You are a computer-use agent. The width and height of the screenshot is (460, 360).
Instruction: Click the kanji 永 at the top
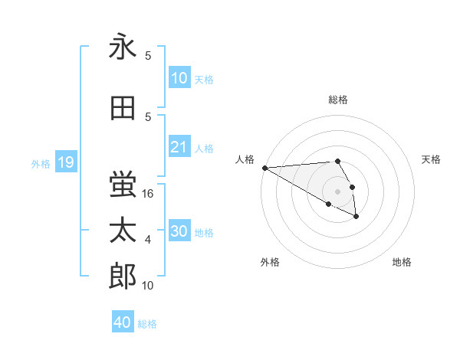[123, 47]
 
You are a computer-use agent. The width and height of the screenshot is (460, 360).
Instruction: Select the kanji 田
[123, 109]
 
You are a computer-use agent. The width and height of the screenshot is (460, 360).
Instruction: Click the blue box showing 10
[179, 78]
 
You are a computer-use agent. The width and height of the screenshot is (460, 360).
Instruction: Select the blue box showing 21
[179, 147]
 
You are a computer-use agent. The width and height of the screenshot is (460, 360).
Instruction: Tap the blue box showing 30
[179, 231]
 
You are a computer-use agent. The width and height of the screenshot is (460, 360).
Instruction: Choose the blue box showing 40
[123, 322]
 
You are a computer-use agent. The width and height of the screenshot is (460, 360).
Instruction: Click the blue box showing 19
[65, 162]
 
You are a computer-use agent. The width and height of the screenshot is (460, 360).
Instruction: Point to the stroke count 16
[149, 194]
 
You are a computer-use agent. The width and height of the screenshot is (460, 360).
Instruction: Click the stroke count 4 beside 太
[148, 240]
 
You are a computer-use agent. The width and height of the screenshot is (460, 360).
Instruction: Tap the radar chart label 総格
[338, 100]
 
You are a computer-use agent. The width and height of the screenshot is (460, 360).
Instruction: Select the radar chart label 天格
[431, 159]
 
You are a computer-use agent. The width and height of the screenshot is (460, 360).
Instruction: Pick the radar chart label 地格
[402, 262]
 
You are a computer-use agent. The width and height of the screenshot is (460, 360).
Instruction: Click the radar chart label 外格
[270, 262]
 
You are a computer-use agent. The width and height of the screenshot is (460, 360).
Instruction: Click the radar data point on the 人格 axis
[264, 168]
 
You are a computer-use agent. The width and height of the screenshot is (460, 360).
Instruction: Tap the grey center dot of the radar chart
[337, 191]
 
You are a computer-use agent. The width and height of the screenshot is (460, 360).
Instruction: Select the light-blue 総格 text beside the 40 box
[147, 324]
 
